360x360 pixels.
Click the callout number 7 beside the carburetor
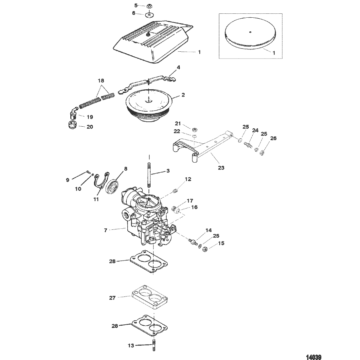point(106,230)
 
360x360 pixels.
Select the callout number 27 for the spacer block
point(112,298)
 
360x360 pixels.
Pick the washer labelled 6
point(150,15)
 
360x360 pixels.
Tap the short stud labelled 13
point(153,345)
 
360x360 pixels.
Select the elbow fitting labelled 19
point(73,113)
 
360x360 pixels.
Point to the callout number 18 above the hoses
point(101,81)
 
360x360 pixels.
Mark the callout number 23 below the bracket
point(221,168)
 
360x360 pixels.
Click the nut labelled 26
point(262,152)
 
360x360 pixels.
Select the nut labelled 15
point(205,249)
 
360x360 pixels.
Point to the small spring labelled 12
point(176,190)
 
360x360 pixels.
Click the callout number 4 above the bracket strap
point(178,67)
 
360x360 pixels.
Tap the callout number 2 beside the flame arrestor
point(183,95)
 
